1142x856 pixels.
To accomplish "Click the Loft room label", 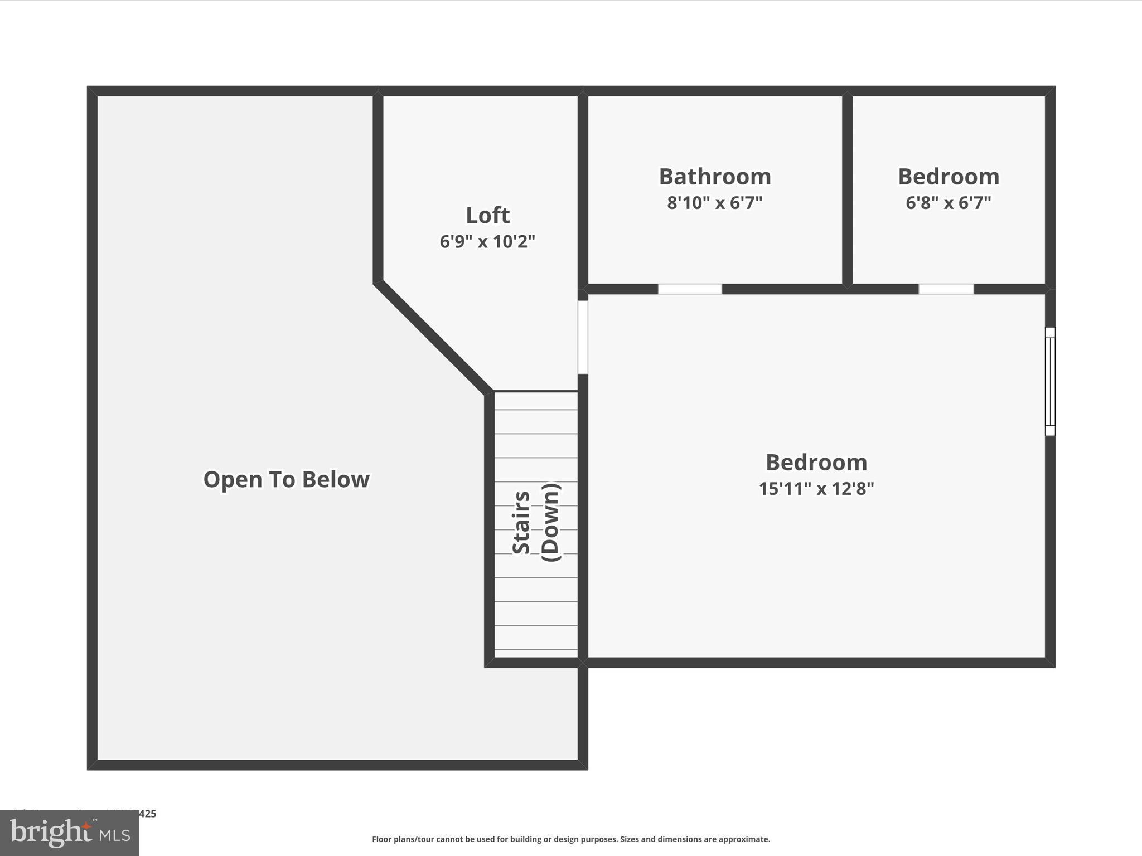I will (x=487, y=215).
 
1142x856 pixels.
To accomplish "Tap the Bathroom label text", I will (x=715, y=177).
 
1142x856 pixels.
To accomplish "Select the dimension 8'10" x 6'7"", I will (x=715, y=203).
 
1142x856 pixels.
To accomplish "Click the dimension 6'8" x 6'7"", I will (x=948, y=203).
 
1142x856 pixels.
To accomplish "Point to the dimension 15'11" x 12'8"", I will (x=816, y=489).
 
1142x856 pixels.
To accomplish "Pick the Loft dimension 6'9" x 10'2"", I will (x=487, y=241).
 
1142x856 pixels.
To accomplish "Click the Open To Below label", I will (x=286, y=479).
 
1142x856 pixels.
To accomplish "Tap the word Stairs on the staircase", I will (x=521, y=522).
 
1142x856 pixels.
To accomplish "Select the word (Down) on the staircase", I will (x=550, y=522).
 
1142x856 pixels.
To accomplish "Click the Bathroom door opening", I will (x=690, y=289).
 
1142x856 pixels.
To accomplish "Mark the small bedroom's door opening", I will (x=946, y=289).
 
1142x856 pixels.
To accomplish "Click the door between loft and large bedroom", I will (x=583, y=337).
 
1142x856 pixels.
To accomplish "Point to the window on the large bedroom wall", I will (x=1050, y=381).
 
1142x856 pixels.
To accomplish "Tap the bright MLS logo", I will (x=70, y=833).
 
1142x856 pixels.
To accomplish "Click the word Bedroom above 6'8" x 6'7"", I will (x=948, y=177).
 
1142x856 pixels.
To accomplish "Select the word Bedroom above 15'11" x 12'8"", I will (x=816, y=463).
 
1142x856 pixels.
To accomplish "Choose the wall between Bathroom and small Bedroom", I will (x=847, y=189).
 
